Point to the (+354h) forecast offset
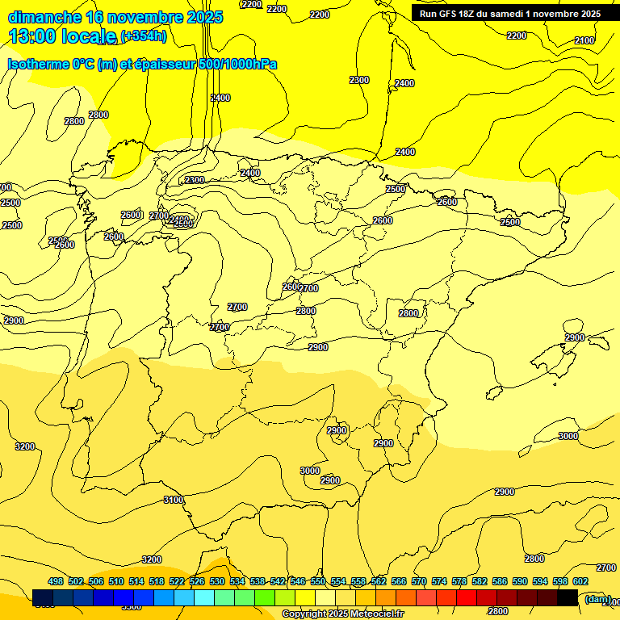tap(143, 36)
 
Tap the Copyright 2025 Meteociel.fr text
tap(342, 614)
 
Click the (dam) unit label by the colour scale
tap(597, 598)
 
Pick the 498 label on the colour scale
tap(56, 581)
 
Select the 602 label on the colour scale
tap(580, 581)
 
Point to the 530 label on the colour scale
tap(217, 581)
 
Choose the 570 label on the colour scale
tap(419, 581)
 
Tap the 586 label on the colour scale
tap(500, 581)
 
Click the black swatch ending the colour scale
tap(568, 597)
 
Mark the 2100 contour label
tap(584, 40)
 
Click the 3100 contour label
tap(174, 500)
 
